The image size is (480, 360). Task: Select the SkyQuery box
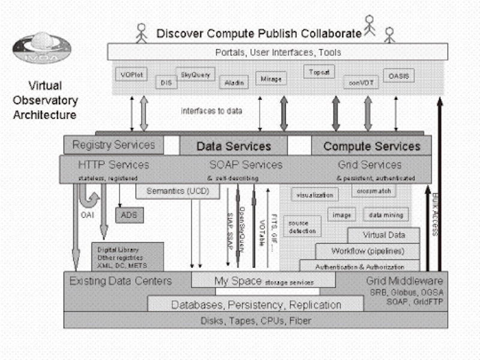pyautogui.click(x=194, y=76)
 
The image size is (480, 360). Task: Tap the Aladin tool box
pyautogui.click(x=233, y=82)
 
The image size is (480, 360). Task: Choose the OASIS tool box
pyautogui.click(x=398, y=76)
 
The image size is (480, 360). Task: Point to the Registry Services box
pyautogui.click(x=113, y=145)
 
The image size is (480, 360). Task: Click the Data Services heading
pyautogui.click(x=233, y=146)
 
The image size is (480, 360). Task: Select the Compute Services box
pyautogui.click(x=371, y=146)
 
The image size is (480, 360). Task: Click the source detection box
pyautogui.click(x=302, y=226)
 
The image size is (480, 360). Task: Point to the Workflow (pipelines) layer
pyautogui.click(x=367, y=250)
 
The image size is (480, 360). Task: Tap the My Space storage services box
pyautogui.click(x=263, y=280)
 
